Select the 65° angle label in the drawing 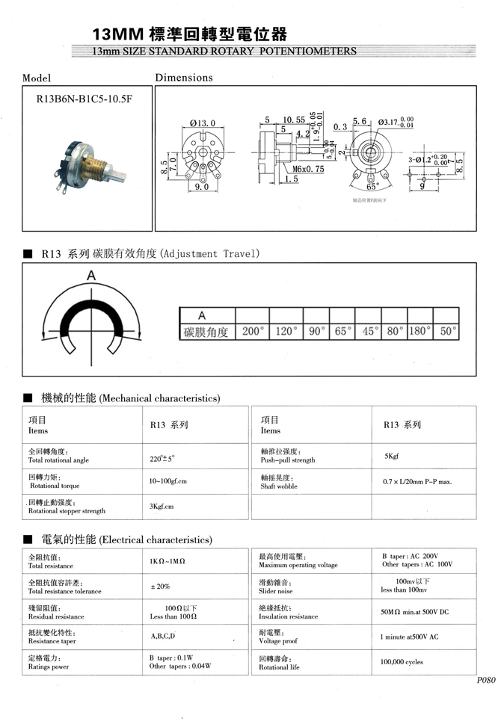pos(372,187)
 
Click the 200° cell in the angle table pos(253,331)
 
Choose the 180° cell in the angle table pos(420,331)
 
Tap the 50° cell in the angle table pos(447,331)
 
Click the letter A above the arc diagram pos(91,276)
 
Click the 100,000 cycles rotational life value pos(402,662)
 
